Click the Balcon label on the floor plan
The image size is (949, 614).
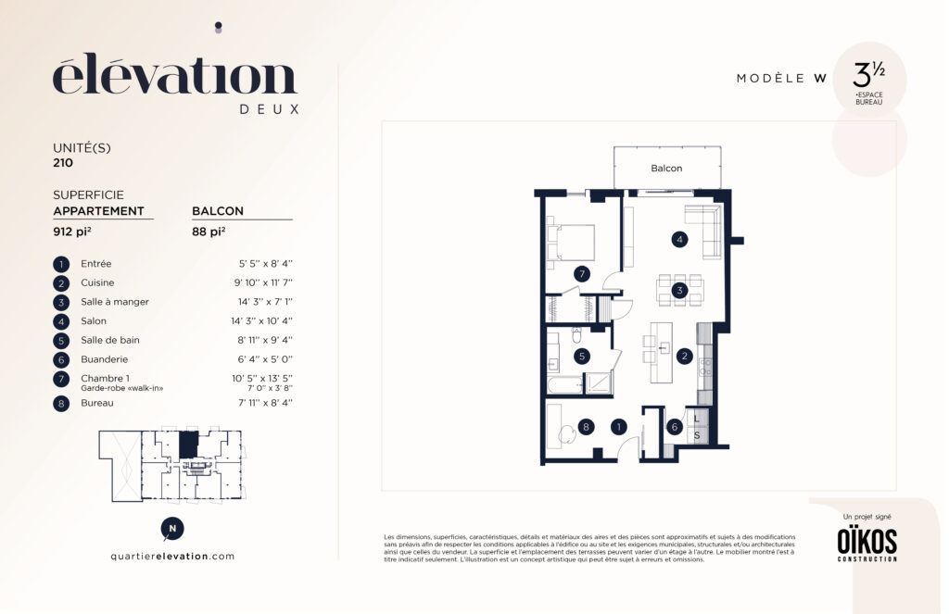tap(666, 169)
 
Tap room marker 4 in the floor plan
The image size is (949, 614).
tap(679, 240)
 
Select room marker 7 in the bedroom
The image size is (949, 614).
tap(582, 274)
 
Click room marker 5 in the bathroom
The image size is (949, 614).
tap(582, 357)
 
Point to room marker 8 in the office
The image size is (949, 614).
tap(586, 427)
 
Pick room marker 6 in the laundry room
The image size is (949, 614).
tap(675, 427)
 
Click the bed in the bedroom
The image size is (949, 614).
tap(571, 243)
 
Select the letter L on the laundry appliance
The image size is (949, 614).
tap(697, 419)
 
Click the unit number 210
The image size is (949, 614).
tap(63, 163)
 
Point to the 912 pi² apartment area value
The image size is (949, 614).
tap(72, 232)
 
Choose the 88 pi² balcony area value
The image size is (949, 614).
tap(209, 232)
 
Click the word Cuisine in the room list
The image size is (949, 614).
tap(97, 282)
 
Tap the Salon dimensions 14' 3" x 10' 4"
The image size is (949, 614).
tap(261, 321)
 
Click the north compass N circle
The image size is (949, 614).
tap(172, 529)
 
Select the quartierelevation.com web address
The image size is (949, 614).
tap(172, 557)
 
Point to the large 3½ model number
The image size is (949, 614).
tap(868, 76)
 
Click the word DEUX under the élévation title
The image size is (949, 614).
tap(270, 109)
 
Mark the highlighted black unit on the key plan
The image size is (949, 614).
tap(188, 445)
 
